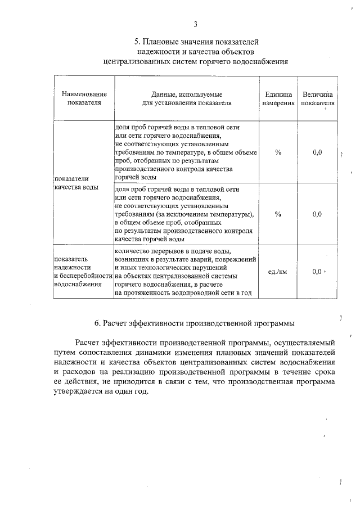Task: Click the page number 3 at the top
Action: [195, 24]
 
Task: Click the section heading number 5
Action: [137, 42]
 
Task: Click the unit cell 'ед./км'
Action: [278, 272]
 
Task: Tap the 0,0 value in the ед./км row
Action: [317, 272]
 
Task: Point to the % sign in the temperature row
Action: [278, 152]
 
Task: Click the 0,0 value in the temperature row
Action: [317, 152]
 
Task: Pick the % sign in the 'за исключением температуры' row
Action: [278, 214]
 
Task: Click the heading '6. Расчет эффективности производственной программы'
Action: [195, 323]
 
